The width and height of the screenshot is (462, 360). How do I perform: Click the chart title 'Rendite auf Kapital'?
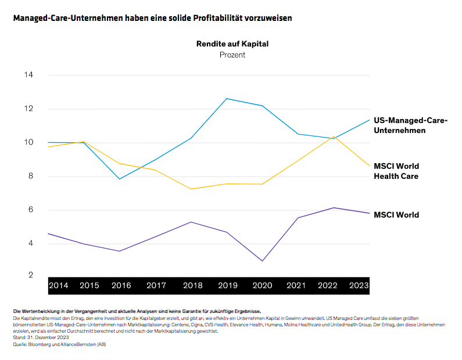pyautogui.click(x=232, y=44)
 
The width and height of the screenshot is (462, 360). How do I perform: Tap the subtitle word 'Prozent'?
pyautogui.click(x=232, y=55)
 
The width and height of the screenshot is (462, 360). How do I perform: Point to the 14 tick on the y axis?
pyautogui.click(x=28, y=75)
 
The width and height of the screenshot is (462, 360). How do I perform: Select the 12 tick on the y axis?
pyautogui.click(x=28, y=109)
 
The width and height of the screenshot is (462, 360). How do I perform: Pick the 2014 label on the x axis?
pyautogui.click(x=58, y=285)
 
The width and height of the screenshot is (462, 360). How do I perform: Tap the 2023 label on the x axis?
pyautogui.click(x=358, y=285)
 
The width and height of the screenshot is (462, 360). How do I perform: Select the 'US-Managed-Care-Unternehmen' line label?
pyautogui.click(x=410, y=125)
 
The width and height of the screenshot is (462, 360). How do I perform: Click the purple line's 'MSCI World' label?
pyautogui.click(x=396, y=215)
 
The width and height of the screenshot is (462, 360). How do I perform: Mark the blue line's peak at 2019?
pyautogui.click(x=226, y=99)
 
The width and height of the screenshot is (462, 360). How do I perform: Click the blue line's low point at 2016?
pyautogui.click(x=119, y=179)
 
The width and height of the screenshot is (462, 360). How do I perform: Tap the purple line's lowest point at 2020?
pyautogui.click(x=262, y=261)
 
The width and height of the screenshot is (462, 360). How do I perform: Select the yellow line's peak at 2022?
pyautogui.click(x=334, y=136)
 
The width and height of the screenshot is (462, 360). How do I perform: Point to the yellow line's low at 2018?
pyautogui.click(x=191, y=189)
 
